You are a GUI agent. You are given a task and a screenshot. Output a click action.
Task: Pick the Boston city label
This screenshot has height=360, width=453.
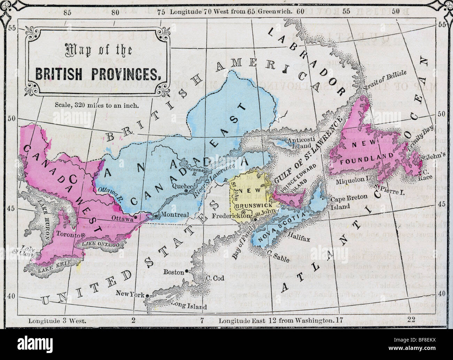click(173, 272)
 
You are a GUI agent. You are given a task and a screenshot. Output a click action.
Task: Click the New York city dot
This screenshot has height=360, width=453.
click(147, 296)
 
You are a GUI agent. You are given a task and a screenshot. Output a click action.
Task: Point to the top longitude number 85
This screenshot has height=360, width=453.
click(67, 12)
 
